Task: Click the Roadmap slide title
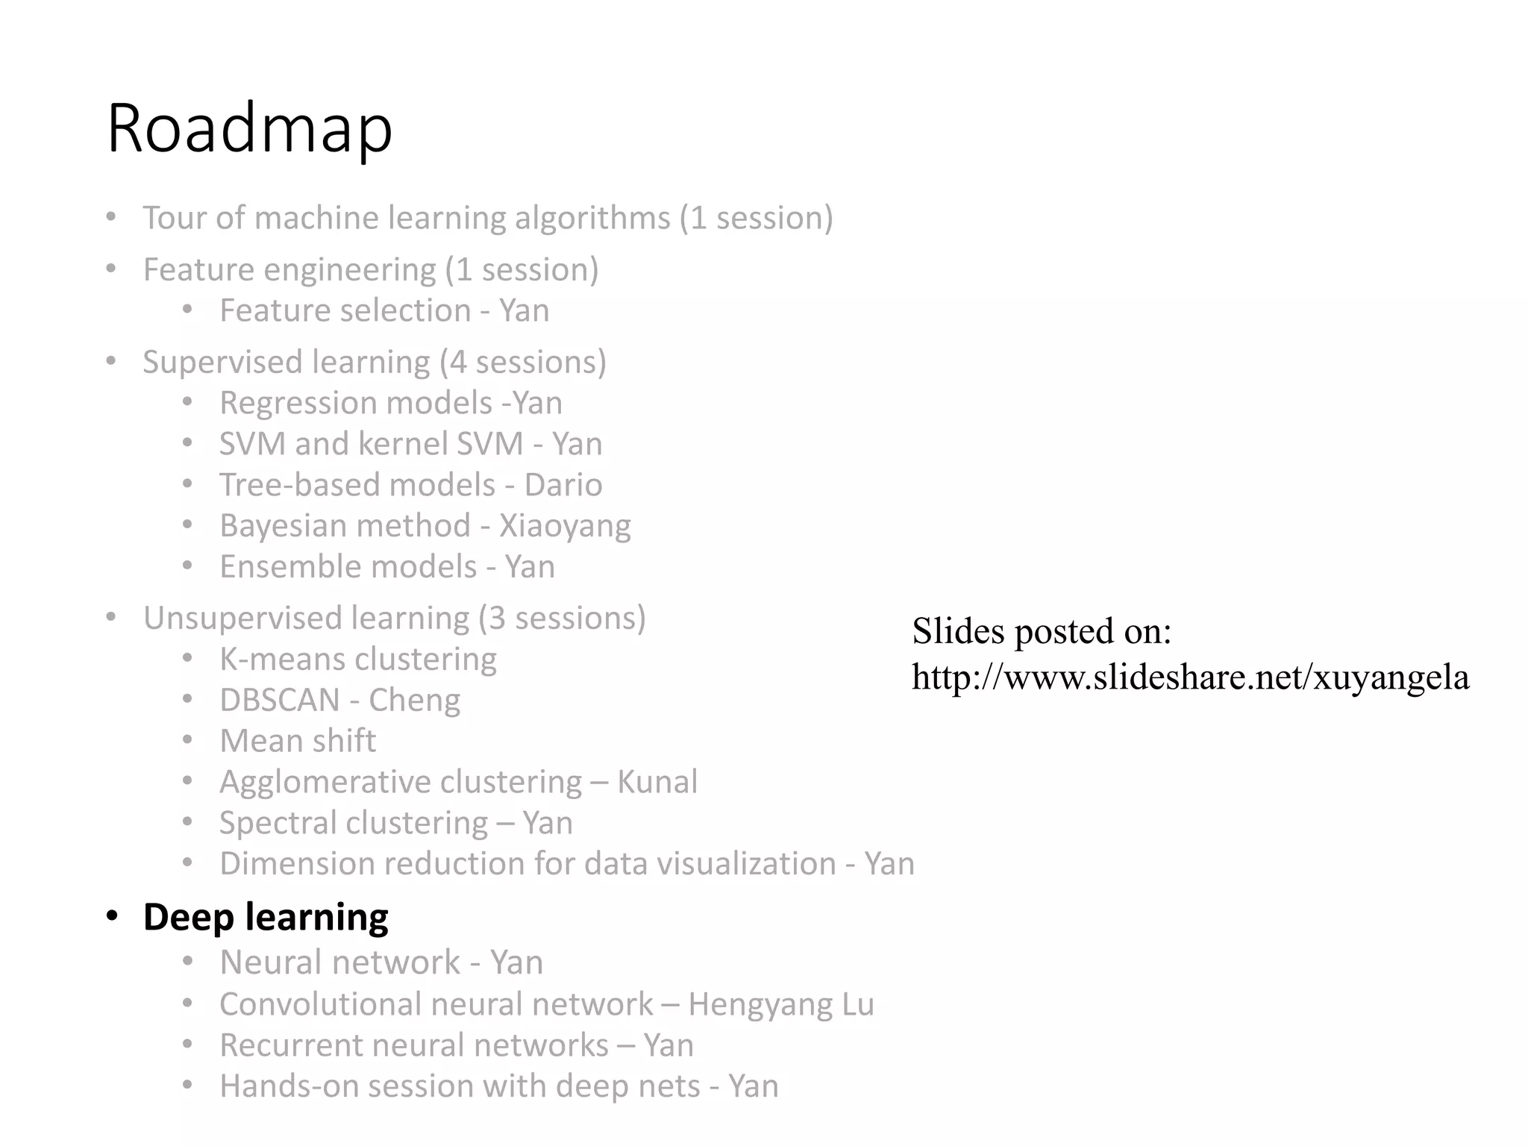(249, 128)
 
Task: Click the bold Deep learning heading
(266, 916)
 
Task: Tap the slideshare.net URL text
(1190, 677)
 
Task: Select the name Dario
(563, 485)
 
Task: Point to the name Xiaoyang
(565, 526)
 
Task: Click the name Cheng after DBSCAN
(414, 700)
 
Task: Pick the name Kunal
(657, 782)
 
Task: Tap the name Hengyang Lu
(781, 1004)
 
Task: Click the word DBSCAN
(280, 700)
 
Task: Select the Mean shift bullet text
(298, 741)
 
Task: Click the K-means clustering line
(358, 659)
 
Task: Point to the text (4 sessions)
(522, 362)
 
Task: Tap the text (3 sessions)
(562, 618)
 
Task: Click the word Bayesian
(282, 526)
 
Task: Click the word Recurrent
(280, 1045)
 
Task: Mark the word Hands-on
(283, 1086)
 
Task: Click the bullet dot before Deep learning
(112, 915)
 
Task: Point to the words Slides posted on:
(1042, 631)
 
